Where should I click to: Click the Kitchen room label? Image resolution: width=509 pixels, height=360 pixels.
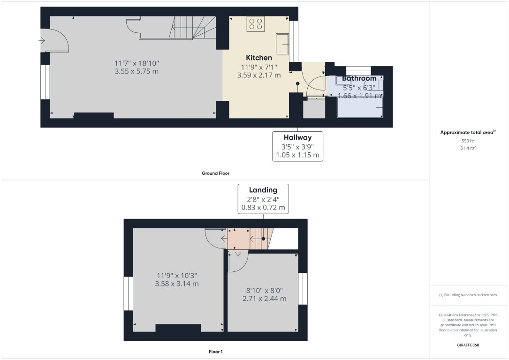pyautogui.click(x=259, y=58)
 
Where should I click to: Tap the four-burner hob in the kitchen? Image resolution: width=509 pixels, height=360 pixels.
pyautogui.click(x=256, y=24)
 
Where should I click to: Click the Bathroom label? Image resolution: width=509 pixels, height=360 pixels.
pyautogui.click(x=359, y=78)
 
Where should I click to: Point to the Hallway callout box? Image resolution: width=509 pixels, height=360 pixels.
pyautogui.click(x=298, y=146)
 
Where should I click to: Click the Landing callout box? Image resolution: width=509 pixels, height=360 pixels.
pyautogui.click(x=263, y=199)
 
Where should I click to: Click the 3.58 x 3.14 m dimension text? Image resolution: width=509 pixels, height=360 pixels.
pyautogui.click(x=177, y=284)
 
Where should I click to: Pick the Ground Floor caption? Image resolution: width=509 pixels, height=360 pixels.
pyautogui.click(x=215, y=173)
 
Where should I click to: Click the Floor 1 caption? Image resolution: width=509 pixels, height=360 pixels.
pyautogui.click(x=215, y=351)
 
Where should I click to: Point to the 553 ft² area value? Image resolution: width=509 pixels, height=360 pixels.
pyautogui.click(x=468, y=141)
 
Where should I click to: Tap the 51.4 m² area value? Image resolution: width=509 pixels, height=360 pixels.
pyautogui.click(x=468, y=148)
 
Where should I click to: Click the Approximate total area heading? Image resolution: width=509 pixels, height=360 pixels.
pyautogui.click(x=468, y=133)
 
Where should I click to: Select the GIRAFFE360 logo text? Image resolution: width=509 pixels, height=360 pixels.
pyautogui.click(x=468, y=345)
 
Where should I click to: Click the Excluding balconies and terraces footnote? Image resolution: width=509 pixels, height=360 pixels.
pyautogui.click(x=468, y=295)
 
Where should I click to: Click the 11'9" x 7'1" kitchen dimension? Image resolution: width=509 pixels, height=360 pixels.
pyautogui.click(x=259, y=67)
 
